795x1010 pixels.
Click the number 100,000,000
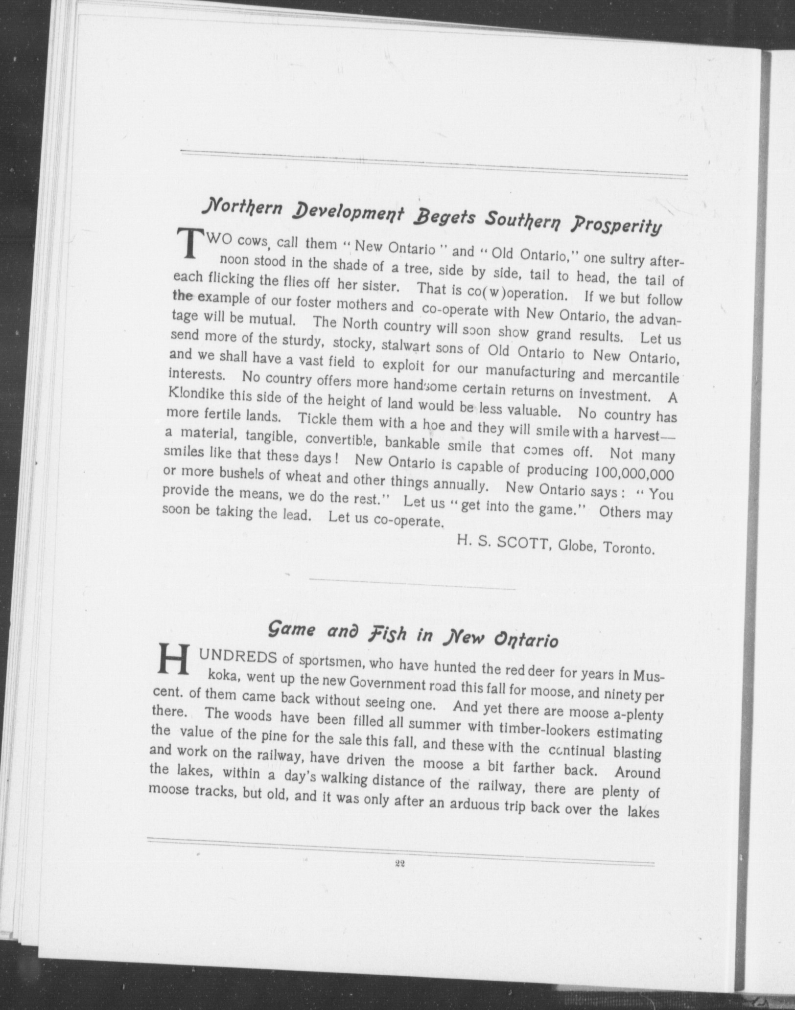(633, 474)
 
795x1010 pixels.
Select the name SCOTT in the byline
(525, 543)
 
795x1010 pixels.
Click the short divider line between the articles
(412, 585)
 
